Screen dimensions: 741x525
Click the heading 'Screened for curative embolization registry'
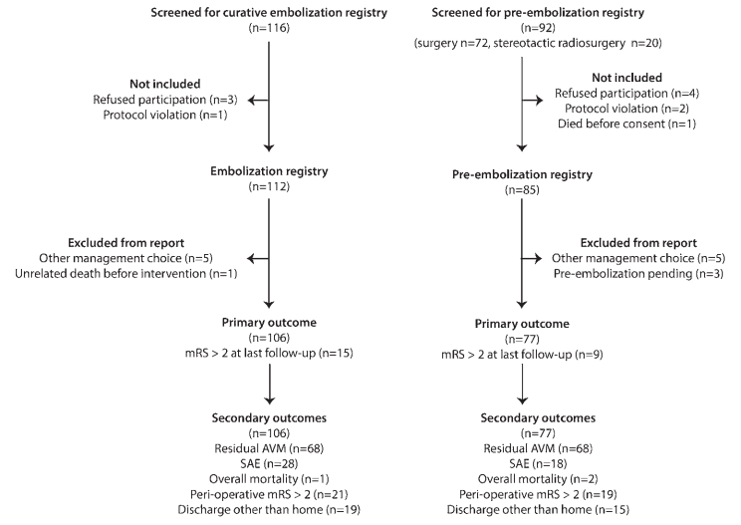[269, 13]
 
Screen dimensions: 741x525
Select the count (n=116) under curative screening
[269, 28]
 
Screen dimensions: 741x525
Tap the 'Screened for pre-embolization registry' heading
[538, 13]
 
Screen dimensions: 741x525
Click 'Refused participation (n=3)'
[165, 100]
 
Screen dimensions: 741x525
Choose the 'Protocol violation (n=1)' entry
[165, 115]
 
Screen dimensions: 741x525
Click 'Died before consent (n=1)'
[626, 124]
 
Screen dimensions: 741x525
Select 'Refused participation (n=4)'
[626, 94]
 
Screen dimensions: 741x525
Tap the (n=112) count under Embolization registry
[269, 186]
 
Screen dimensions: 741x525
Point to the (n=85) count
[522, 190]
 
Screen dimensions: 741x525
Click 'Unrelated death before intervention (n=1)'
[126, 274]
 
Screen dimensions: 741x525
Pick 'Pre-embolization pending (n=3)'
[638, 274]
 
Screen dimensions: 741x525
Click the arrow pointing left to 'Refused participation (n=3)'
[258, 101]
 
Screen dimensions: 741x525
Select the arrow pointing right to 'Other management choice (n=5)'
[532, 258]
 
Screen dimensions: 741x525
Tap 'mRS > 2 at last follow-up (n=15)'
[269, 353]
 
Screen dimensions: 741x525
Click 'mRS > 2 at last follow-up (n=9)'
[522, 355]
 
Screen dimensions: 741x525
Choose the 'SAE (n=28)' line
[269, 463]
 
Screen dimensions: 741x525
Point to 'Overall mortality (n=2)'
[538, 479]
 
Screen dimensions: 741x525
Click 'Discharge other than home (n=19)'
[269, 510]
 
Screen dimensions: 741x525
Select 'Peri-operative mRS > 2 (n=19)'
[538, 494]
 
